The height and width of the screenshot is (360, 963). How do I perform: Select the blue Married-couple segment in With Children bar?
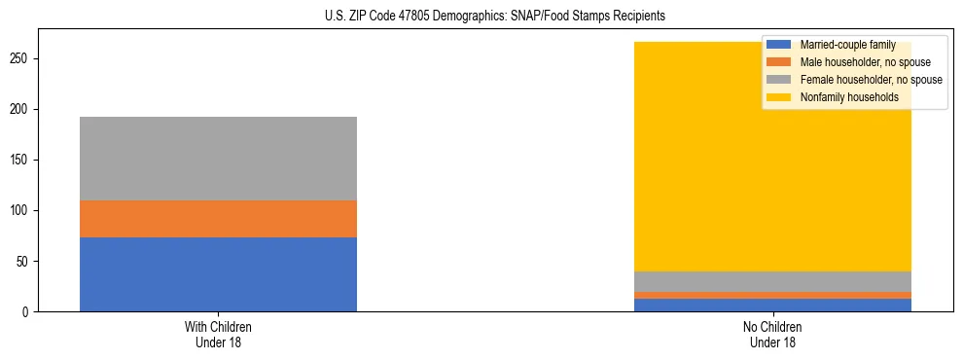coord(218,274)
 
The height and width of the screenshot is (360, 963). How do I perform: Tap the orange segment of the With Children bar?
coord(218,219)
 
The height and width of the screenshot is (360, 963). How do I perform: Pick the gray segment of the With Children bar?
coord(218,159)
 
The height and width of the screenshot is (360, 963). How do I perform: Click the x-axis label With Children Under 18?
coord(218,335)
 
